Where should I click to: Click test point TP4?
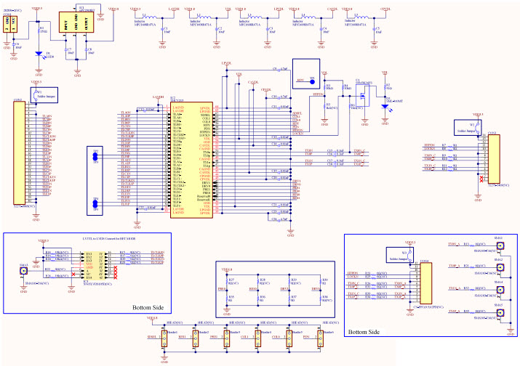coord(95,207)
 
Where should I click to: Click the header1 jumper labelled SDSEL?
coord(164,336)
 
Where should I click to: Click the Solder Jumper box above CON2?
coord(44,95)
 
